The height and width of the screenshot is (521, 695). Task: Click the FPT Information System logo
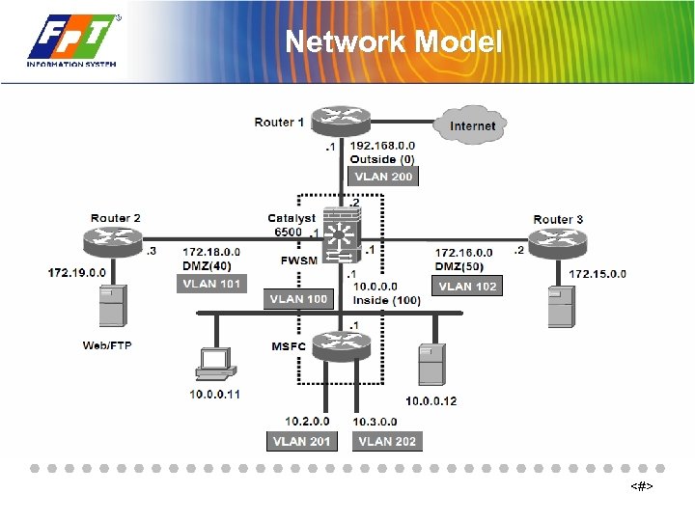click(x=73, y=41)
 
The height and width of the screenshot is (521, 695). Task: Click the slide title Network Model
click(x=394, y=42)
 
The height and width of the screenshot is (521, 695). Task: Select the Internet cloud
click(x=471, y=124)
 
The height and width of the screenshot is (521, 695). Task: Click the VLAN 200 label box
click(x=383, y=177)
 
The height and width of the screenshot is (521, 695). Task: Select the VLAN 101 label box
click(x=211, y=284)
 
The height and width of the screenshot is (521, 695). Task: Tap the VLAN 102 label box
click(x=467, y=286)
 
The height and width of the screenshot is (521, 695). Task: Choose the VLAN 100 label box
click(x=298, y=299)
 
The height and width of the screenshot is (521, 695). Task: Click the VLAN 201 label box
click(x=301, y=441)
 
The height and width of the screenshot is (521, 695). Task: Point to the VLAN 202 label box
click(x=387, y=441)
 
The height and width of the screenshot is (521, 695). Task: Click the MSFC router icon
click(x=340, y=344)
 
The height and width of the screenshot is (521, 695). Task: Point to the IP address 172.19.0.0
click(x=77, y=273)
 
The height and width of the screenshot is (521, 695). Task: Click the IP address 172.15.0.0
click(x=597, y=274)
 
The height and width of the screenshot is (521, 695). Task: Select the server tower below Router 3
click(x=559, y=304)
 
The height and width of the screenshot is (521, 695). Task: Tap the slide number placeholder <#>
click(x=642, y=487)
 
